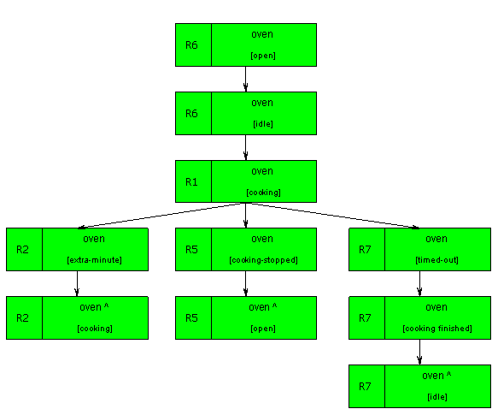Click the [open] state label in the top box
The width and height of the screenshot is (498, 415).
pos(263,56)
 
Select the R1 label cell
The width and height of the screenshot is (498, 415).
pos(193,181)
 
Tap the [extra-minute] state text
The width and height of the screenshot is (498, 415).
pos(94,260)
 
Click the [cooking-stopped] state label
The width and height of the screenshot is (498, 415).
pos(263,260)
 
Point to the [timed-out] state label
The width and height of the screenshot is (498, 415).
pos(437,260)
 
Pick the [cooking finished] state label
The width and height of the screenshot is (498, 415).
pos(437,329)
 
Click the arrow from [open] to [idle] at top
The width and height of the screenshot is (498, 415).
pos(245,80)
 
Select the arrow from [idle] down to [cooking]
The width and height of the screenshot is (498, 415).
pos(245,148)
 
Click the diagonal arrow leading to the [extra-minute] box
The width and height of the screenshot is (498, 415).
pos(161,216)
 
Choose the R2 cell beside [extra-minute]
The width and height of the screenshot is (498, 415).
pos(24,250)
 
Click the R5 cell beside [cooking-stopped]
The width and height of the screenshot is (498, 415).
pos(193,250)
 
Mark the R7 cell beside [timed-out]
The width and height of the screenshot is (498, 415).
pos(366,250)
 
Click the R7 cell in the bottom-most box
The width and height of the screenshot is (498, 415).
pos(366,387)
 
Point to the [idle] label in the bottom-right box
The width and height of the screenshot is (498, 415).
pos(437,397)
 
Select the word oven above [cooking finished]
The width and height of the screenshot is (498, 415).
pos(436,307)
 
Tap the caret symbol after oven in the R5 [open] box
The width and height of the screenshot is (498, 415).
pos(275,305)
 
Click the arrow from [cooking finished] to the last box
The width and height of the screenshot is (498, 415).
pos(419,353)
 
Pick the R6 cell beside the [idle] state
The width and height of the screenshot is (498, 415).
pos(193,113)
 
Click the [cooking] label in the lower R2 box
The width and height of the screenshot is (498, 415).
pos(95,329)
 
